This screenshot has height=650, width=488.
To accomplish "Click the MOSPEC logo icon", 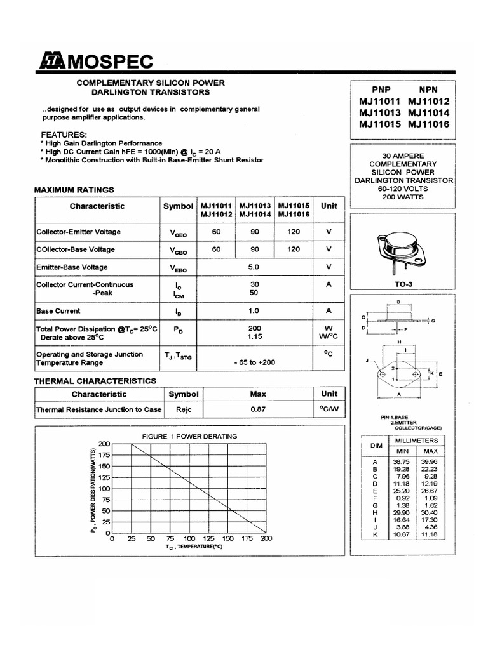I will point(52,62).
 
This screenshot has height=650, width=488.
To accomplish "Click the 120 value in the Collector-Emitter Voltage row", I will point(294,232).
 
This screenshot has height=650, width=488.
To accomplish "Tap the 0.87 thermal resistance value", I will point(257,409).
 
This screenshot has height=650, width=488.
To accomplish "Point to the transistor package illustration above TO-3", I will point(402,251).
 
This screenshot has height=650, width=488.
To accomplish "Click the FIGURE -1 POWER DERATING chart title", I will point(190,436).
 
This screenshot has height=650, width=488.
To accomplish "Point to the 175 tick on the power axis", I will point(104,455).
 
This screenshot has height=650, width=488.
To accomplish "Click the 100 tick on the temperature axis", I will point(189,538).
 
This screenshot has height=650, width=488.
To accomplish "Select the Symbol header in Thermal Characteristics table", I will point(183,394).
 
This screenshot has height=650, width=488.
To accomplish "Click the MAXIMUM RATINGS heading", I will point(74,189).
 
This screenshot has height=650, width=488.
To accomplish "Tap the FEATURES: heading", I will point(64,135).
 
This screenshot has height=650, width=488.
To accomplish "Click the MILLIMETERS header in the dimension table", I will point(416,440).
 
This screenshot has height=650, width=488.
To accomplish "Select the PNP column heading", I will point(372,90).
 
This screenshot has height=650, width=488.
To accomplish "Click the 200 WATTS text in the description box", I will point(403,197).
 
